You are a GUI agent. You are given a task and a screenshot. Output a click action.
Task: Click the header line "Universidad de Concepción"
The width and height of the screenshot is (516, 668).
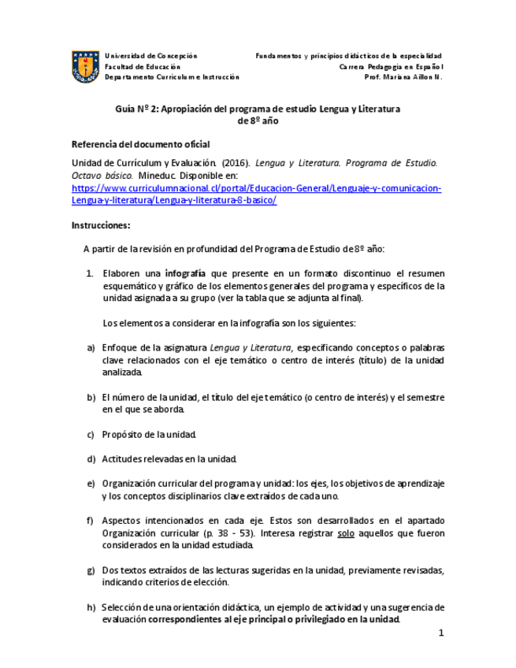tap(150, 56)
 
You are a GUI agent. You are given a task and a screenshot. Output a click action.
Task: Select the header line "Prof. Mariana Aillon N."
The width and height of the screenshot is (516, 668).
tap(403, 77)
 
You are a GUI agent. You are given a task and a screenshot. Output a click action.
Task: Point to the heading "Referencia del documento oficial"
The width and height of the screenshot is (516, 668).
tap(140, 144)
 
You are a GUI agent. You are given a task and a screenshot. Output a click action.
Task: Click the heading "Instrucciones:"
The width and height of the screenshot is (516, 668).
tap(101, 225)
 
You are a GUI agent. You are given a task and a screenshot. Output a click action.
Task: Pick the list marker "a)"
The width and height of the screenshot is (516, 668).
tap(91, 347)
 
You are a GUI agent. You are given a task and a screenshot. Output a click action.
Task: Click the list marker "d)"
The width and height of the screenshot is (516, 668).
tap(91, 458)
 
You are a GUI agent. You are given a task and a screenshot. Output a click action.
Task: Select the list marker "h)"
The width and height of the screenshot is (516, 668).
tap(91, 607)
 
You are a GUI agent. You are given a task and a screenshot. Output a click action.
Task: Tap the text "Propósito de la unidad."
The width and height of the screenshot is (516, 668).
tap(150, 434)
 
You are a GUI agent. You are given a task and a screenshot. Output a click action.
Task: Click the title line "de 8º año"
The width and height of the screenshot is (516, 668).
tap(258, 121)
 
